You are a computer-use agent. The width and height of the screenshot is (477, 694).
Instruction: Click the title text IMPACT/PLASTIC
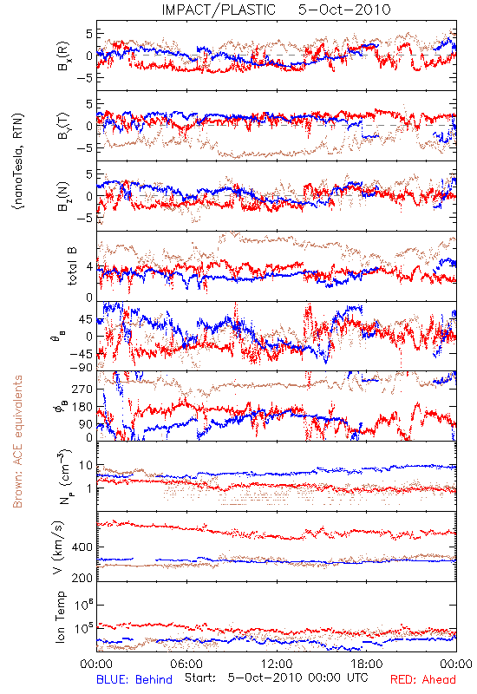[x=219, y=10]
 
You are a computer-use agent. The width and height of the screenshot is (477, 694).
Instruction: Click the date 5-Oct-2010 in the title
[x=344, y=10]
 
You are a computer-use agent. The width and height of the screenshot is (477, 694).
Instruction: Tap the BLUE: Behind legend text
[x=134, y=679]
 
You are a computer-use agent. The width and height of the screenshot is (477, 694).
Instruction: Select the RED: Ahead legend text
[x=422, y=679]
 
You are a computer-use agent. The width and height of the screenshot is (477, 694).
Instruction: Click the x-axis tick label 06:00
[x=186, y=664]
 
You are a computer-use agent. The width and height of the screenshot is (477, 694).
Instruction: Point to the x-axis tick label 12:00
[x=277, y=664]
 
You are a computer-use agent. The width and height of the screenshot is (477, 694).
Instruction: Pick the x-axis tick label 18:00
[x=367, y=664]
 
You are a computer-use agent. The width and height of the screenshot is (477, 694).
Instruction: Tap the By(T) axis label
[x=62, y=126]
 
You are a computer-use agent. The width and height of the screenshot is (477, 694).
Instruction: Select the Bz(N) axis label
[x=62, y=196]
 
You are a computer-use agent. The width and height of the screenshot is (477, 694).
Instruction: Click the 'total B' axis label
[x=71, y=266]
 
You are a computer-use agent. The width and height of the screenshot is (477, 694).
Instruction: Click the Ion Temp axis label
[x=60, y=617]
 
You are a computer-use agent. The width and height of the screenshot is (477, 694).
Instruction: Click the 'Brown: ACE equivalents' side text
[x=17, y=442]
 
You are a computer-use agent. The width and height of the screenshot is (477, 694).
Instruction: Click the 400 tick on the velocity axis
[x=82, y=547]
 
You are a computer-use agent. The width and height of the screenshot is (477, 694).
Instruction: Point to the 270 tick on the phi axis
[x=82, y=389]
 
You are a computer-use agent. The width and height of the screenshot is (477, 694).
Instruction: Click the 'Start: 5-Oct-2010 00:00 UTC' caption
[x=276, y=678]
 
